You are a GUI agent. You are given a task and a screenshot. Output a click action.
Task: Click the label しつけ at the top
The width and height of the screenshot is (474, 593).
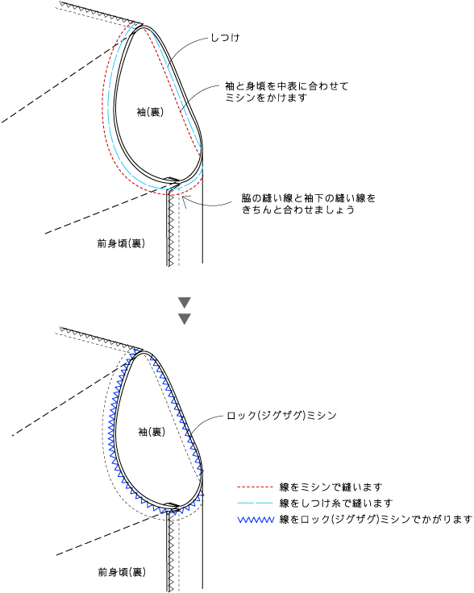pyautogui.click(x=225, y=38)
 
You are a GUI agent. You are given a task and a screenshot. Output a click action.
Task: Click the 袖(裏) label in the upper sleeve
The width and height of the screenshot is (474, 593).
pyautogui.click(x=150, y=112)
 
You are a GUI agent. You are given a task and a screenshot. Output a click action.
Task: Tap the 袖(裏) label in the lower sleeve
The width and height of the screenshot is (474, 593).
pyautogui.click(x=152, y=432)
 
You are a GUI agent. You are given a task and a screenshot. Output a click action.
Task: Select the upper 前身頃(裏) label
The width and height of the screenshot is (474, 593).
pyautogui.click(x=121, y=243)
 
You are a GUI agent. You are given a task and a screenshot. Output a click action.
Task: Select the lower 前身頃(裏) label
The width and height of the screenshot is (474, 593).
pyautogui.click(x=122, y=572)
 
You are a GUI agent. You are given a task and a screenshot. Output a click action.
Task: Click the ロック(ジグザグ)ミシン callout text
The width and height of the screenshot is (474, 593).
pyautogui.click(x=281, y=416)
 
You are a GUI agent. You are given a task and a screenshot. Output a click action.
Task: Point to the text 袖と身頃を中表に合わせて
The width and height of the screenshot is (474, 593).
pyautogui.click(x=286, y=86)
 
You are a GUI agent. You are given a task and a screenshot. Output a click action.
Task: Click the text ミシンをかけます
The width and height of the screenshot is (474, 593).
pyautogui.click(x=266, y=97)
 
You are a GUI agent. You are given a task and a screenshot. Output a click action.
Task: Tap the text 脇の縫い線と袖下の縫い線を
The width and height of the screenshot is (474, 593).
pyautogui.click(x=309, y=198)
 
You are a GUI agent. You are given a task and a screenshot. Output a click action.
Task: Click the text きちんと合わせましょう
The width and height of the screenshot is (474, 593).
pyautogui.click(x=298, y=209)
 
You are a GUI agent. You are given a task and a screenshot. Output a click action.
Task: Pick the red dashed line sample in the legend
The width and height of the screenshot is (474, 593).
pyautogui.click(x=255, y=487)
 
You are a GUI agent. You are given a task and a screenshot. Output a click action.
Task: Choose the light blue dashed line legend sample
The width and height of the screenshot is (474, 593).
pyautogui.click(x=255, y=503)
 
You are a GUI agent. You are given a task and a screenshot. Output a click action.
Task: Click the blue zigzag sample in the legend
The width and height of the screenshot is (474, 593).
pyautogui.click(x=256, y=520)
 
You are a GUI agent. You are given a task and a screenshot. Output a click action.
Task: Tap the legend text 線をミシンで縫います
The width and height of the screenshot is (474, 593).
pyautogui.click(x=331, y=487)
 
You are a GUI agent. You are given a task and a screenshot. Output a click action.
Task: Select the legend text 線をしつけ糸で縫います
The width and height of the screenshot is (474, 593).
pyautogui.click(x=336, y=504)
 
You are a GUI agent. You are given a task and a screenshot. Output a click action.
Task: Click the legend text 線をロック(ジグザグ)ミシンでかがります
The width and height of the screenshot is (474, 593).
pyautogui.click(x=376, y=520)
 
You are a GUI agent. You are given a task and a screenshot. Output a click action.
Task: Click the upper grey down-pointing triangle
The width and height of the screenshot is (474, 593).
pyautogui.click(x=185, y=302)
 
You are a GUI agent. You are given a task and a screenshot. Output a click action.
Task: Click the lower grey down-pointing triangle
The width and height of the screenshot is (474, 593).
pyautogui.click(x=185, y=319)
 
